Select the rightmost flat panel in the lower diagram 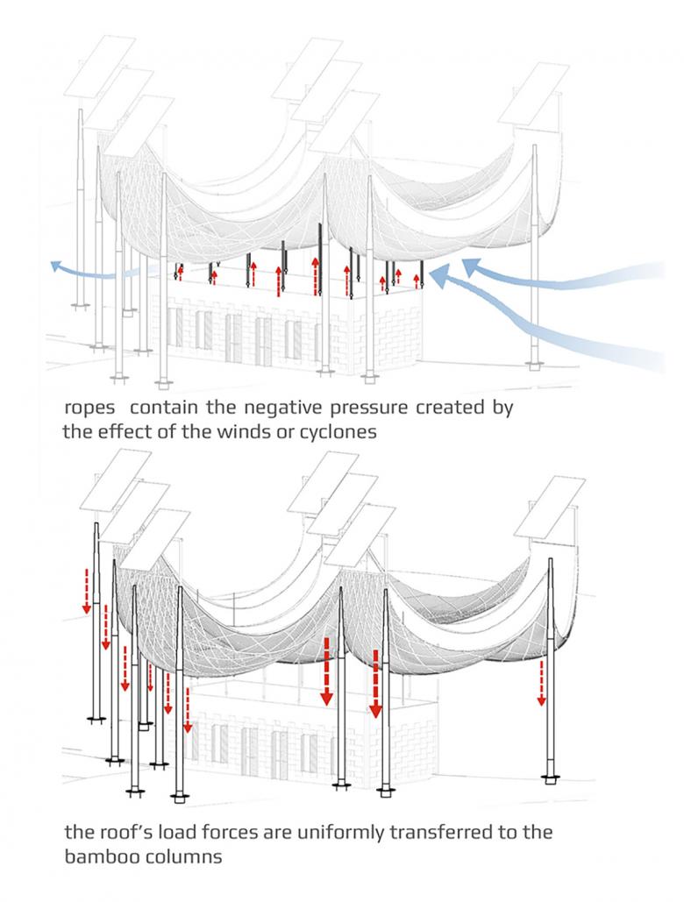(549, 508)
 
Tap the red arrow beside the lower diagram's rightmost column (541, 683)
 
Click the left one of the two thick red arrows (326, 671)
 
